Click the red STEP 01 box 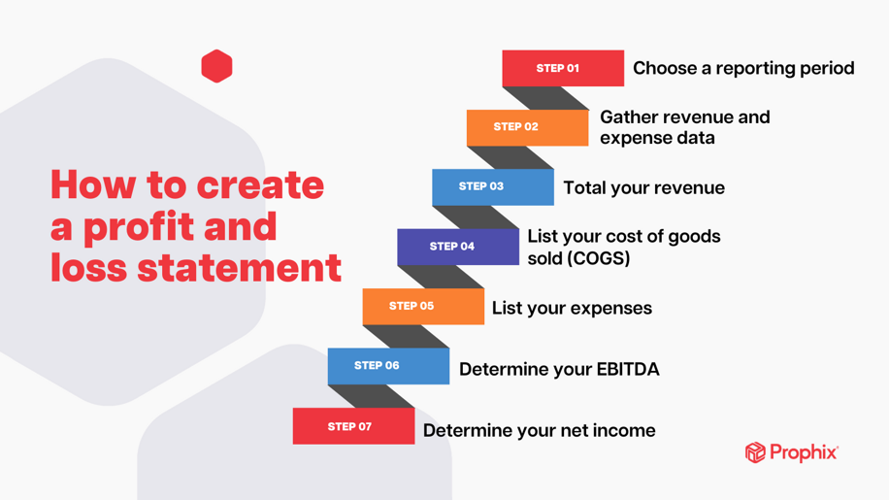tap(563, 68)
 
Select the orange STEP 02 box tap(527, 127)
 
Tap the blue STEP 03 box tap(493, 187)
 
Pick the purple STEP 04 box tap(458, 247)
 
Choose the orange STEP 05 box tap(423, 307)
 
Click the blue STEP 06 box tap(388, 366)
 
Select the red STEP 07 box tap(354, 426)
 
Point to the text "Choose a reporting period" tap(743, 69)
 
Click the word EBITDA tap(628, 369)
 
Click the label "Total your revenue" tap(644, 187)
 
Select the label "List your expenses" tap(572, 308)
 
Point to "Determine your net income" tap(540, 430)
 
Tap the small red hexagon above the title tap(216, 66)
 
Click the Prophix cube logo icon tap(755, 452)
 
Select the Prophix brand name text tap(804, 452)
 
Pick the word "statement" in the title tap(240, 268)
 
